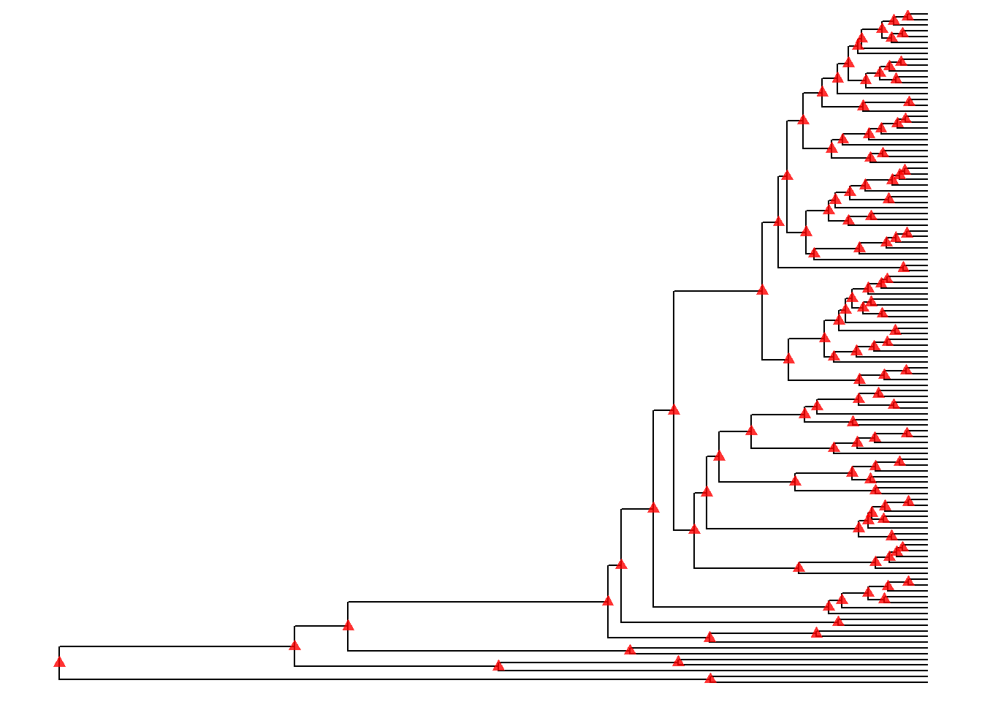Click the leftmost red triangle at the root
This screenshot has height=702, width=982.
[x=59, y=662]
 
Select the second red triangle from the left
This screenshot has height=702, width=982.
[x=294, y=645]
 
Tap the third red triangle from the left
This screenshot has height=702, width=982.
[x=348, y=625]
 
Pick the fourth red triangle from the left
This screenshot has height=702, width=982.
[x=498, y=665]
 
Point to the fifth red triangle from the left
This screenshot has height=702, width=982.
[x=608, y=600]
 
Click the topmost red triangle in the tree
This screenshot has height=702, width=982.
[x=907, y=15]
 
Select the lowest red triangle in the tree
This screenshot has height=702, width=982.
[x=710, y=679]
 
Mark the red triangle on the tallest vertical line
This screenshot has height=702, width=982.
[x=674, y=409]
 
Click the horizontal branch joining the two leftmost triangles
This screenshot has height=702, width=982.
[x=175, y=646]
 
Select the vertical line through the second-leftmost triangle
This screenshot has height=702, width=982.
[x=294, y=656]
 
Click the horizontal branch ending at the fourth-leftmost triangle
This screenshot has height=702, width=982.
[x=395, y=666]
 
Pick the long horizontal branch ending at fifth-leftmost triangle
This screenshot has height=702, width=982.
[x=475, y=602]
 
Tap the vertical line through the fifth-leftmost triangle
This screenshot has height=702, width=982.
[x=608, y=619]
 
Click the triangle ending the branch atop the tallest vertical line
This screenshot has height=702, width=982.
[x=762, y=290]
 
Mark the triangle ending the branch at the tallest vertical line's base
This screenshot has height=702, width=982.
[x=694, y=529]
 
